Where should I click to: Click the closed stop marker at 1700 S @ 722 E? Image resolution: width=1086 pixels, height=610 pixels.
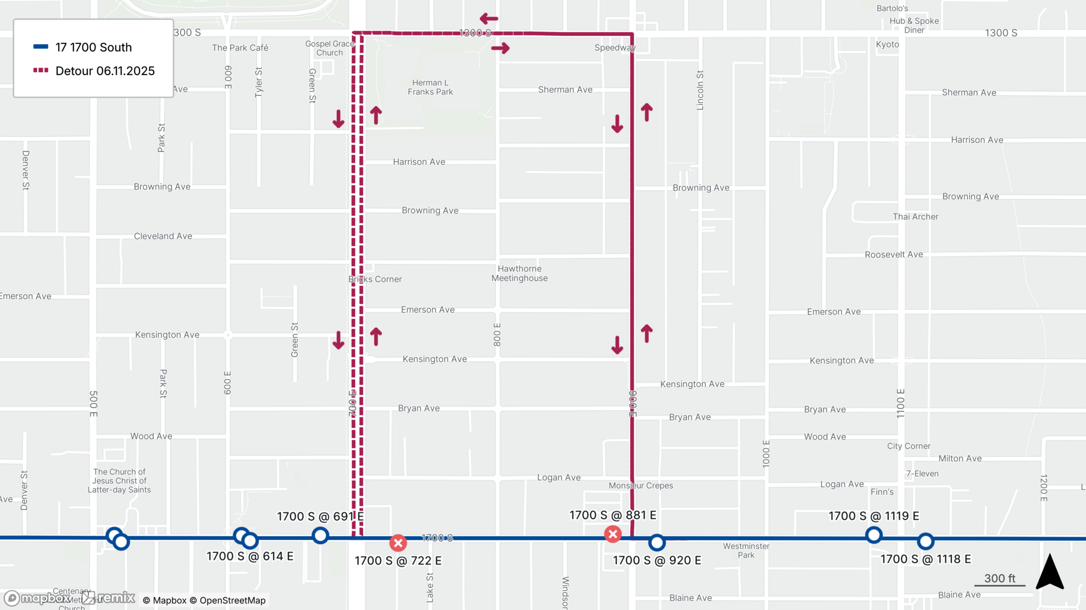398,543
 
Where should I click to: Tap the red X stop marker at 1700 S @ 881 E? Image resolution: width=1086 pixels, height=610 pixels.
613,534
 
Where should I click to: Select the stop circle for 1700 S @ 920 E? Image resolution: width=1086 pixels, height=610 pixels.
657,542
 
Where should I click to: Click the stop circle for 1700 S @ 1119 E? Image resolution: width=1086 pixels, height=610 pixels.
874,535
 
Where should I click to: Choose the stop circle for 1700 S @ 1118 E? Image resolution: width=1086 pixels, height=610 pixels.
926,542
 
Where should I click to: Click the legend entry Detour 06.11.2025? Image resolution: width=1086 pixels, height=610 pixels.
105,71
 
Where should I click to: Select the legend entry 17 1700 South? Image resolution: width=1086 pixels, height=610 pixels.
93,47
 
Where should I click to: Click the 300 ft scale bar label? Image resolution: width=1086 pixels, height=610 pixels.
1000,578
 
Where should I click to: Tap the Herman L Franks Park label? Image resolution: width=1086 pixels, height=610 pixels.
430,87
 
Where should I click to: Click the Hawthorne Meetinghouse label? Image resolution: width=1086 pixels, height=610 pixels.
520,273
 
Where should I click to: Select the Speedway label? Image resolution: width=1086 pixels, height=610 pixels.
615,48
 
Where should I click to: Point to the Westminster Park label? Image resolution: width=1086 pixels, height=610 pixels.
746,550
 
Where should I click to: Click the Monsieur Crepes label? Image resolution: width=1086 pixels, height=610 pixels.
641,486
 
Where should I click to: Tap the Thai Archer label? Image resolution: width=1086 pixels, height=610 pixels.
915,217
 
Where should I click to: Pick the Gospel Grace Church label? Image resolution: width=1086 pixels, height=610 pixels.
330,48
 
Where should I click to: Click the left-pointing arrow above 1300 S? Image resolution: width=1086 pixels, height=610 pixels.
489,19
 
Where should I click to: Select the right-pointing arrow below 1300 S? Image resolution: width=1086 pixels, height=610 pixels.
501,48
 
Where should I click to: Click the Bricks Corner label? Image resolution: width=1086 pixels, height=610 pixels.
375,279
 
